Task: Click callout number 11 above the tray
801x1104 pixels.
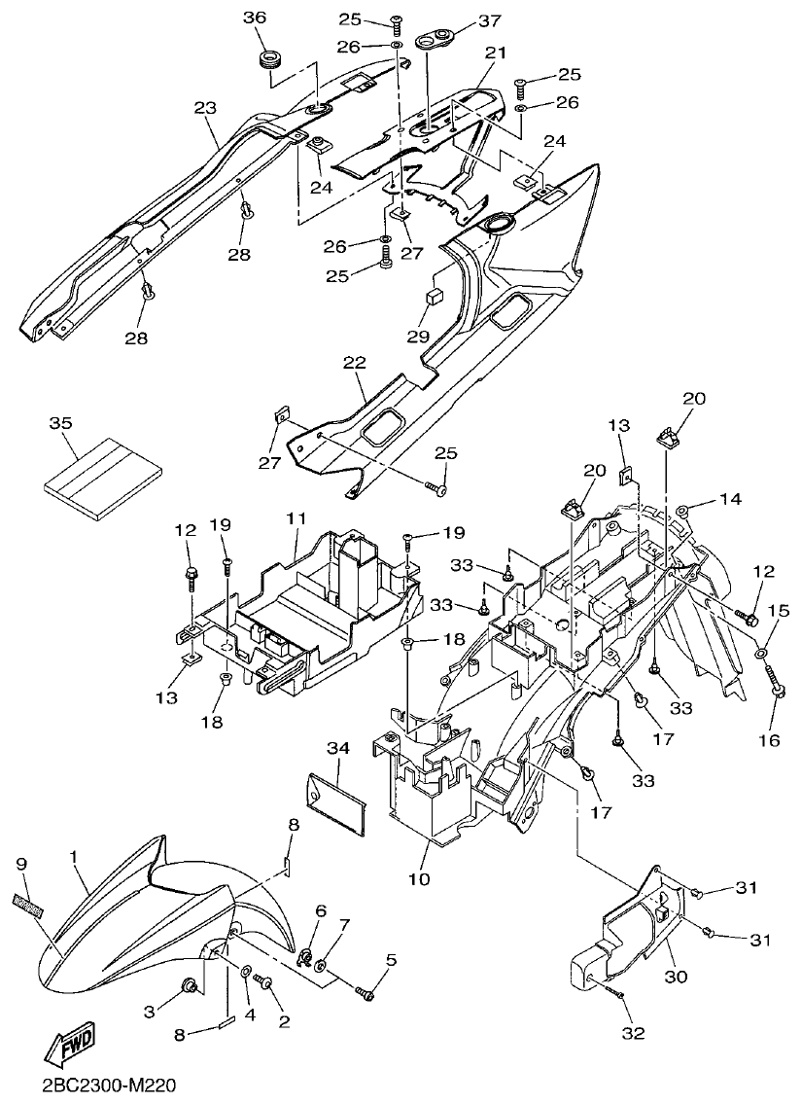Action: (x=296, y=518)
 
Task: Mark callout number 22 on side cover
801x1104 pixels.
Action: (x=354, y=362)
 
